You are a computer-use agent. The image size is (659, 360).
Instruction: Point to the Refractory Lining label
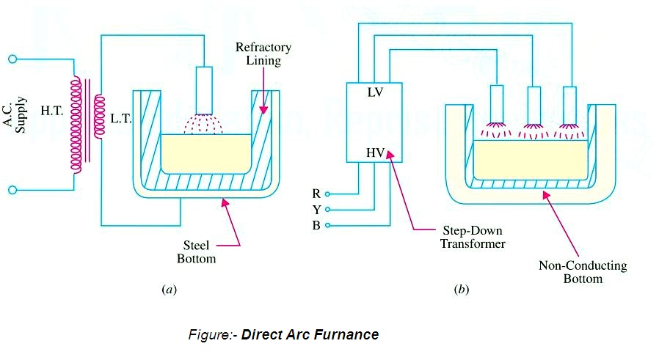point(263,54)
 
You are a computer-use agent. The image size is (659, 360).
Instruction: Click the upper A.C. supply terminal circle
point(12,58)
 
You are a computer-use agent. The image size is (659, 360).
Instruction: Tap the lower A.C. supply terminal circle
point(12,190)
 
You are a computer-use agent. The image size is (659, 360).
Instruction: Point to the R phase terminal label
point(316,194)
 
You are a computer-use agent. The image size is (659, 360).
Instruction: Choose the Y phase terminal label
point(316,210)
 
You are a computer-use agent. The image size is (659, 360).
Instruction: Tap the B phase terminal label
point(316,225)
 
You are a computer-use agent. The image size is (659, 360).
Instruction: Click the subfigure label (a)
point(169,290)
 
